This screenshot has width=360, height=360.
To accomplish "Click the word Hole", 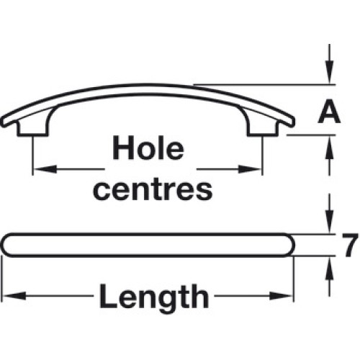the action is pyautogui.click(x=148, y=148).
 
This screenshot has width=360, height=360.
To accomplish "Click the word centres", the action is pyautogui.click(x=153, y=189).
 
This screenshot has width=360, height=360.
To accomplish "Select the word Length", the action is pyautogui.click(x=154, y=296).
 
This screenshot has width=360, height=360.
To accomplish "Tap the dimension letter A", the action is pyautogui.click(x=329, y=112).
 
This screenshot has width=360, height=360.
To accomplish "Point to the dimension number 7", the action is pyautogui.click(x=350, y=245).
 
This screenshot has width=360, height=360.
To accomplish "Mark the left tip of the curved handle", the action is pyautogui.click(x=2, y=122).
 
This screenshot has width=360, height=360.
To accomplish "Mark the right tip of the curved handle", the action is pyautogui.click(x=293, y=122).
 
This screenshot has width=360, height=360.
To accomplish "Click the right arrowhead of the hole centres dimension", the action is pyautogui.click(x=250, y=169).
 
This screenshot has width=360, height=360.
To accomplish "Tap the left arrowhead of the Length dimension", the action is pyautogui.click(x=14, y=296).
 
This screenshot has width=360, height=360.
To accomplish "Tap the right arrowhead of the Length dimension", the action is pyautogui.click(x=281, y=296).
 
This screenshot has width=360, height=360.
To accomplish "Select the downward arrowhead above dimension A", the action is pyautogui.click(x=330, y=72).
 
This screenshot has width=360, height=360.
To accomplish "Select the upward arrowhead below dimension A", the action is pyautogui.click(x=330, y=148).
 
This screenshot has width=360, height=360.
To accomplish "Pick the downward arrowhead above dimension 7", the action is pyautogui.click(x=330, y=221).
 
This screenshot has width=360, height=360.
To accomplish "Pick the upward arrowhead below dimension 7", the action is pyautogui.click(x=330, y=269).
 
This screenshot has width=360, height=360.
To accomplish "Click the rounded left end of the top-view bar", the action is pyautogui.click(x=4, y=245).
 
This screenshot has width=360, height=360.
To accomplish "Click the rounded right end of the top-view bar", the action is pyautogui.click(x=294, y=245).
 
